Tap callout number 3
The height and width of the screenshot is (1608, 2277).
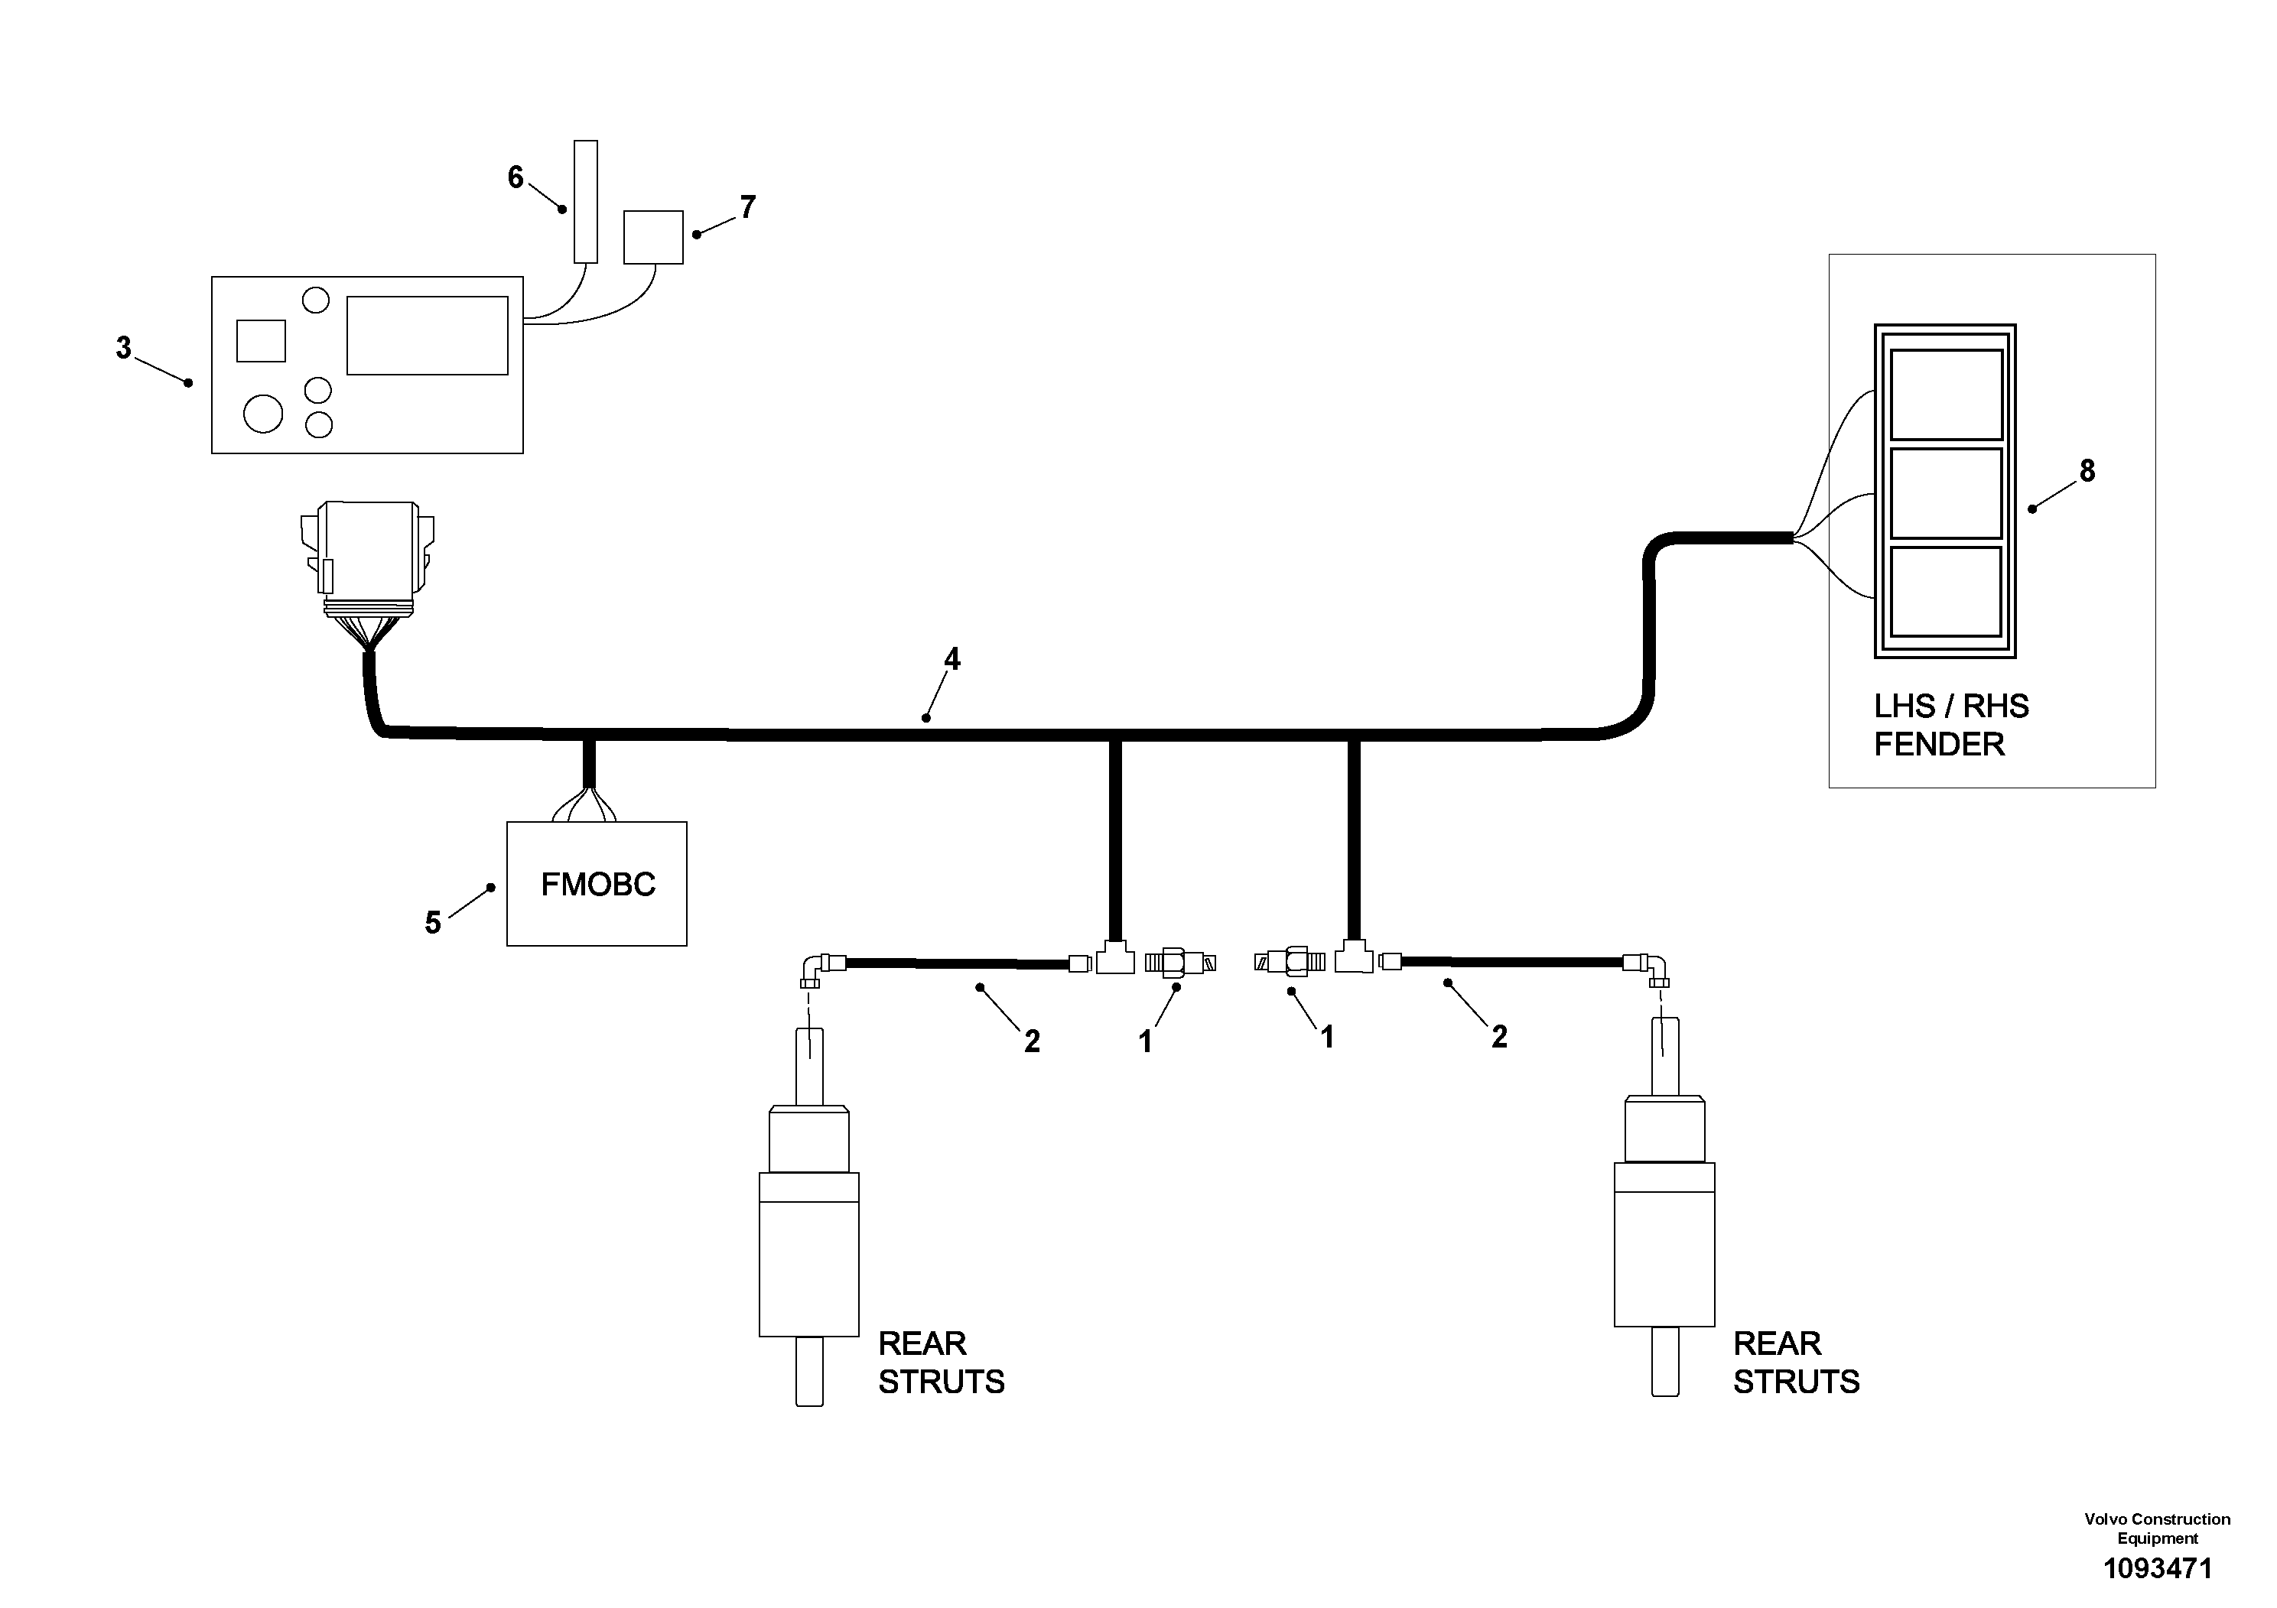pyautogui.click(x=123, y=348)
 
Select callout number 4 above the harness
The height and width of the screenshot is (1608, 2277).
pyautogui.click(x=952, y=659)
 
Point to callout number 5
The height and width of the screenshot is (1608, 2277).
pyautogui.click(x=432, y=923)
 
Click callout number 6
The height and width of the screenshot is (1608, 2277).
pyautogui.click(x=516, y=177)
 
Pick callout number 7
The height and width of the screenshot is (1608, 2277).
pyautogui.click(x=748, y=207)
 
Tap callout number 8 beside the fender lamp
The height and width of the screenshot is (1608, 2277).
pyautogui.click(x=2087, y=471)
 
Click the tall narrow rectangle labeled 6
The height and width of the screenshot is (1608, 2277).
pyautogui.click(x=586, y=201)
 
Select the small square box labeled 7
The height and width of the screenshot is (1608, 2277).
pyautogui.click(x=653, y=237)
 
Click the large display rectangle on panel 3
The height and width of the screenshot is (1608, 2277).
pyautogui.click(x=428, y=335)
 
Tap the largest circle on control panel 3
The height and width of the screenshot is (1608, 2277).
pyautogui.click(x=263, y=414)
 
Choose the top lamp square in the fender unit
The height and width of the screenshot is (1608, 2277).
pyautogui.click(x=1947, y=394)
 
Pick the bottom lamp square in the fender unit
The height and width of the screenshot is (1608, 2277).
pyautogui.click(x=1947, y=592)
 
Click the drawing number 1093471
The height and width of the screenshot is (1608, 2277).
pyautogui.click(x=2158, y=1568)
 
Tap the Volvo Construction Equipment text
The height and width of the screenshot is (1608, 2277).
pyautogui.click(x=2158, y=1528)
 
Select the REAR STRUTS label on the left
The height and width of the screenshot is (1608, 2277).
pyautogui.click(x=941, y=1362)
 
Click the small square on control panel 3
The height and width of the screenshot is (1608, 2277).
pyautogui.click(x=261, y=341)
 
